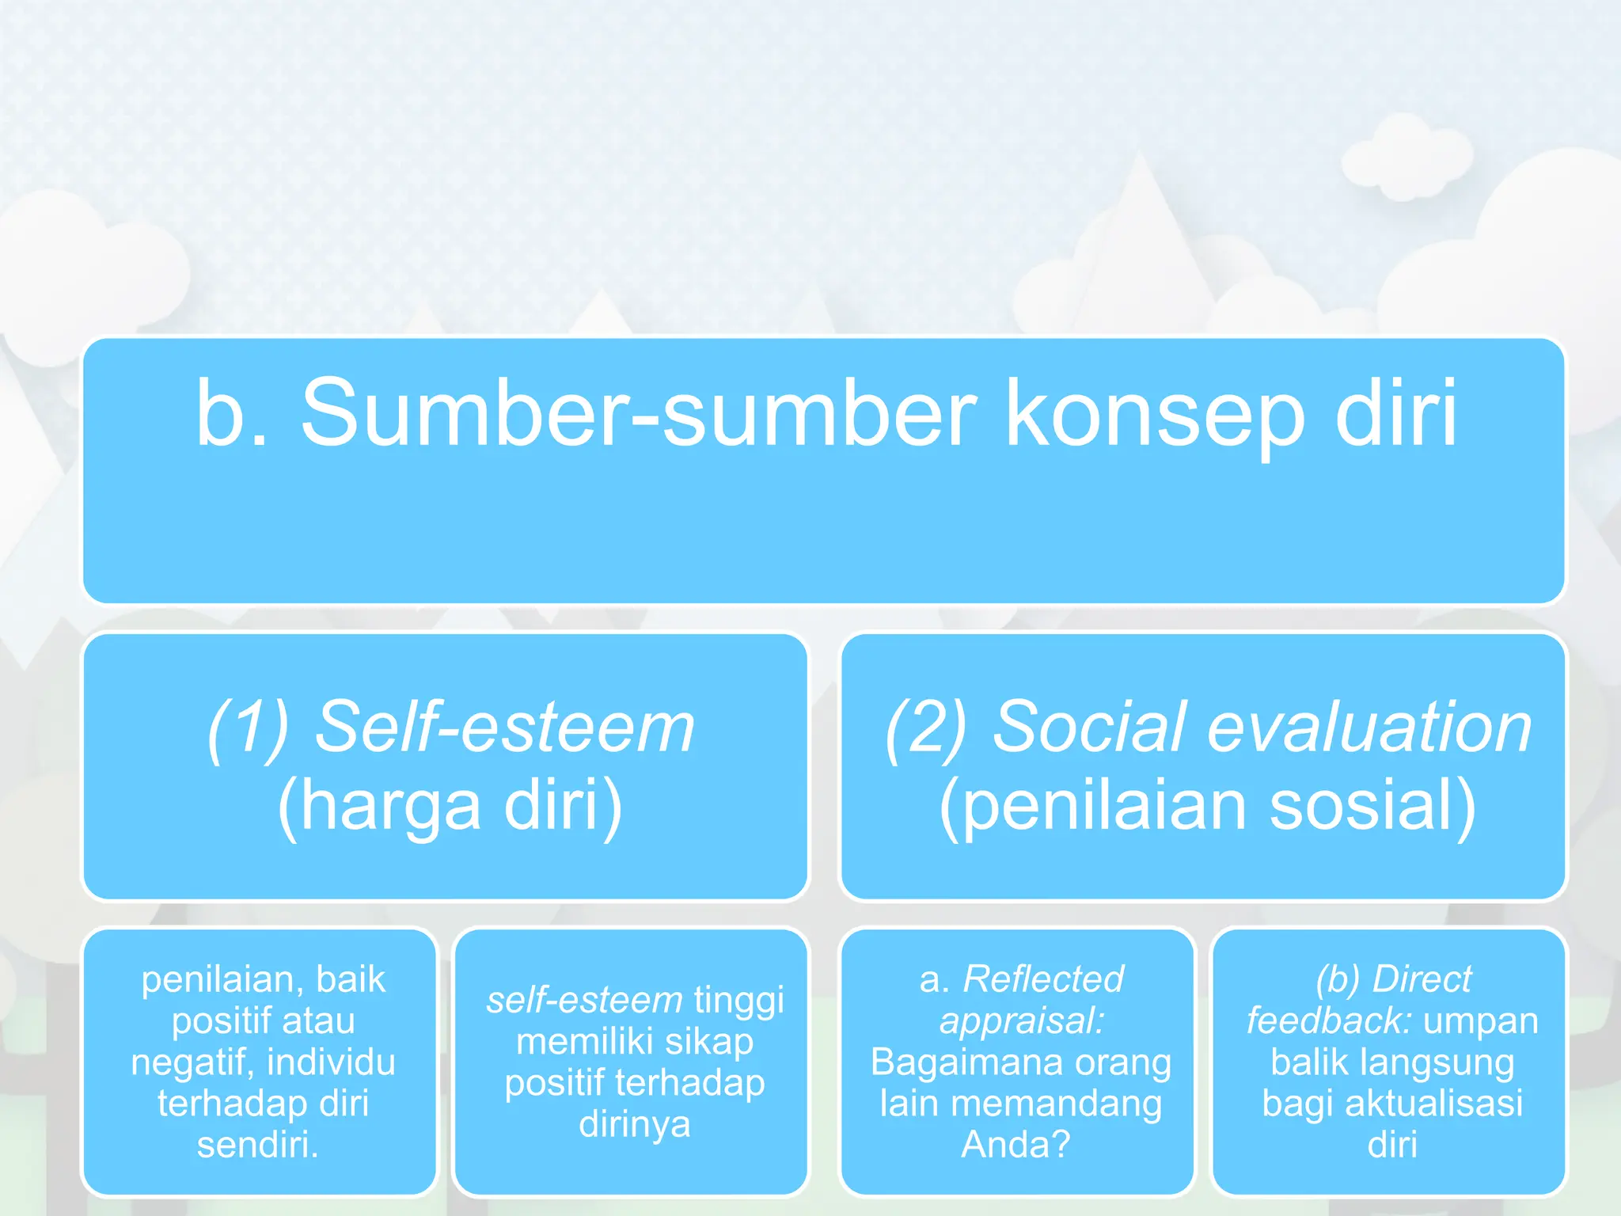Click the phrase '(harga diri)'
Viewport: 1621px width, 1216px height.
click(x=450, y=806)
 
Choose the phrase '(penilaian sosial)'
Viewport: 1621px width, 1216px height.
click(x=1207, y=806)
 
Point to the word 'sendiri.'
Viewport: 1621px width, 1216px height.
click(x=258, y=1145)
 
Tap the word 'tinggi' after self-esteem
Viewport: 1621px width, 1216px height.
click(x=738, y=1000)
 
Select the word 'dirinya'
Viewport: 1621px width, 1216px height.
click(x=634, y=1123)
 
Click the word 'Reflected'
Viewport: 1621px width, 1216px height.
click(x=1042, y=979)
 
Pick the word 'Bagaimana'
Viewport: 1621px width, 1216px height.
click(x=956, y=1062)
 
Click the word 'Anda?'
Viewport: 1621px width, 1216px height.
click(x=1015, y=1145)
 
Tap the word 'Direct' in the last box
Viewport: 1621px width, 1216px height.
click(x=1422, y=979)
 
